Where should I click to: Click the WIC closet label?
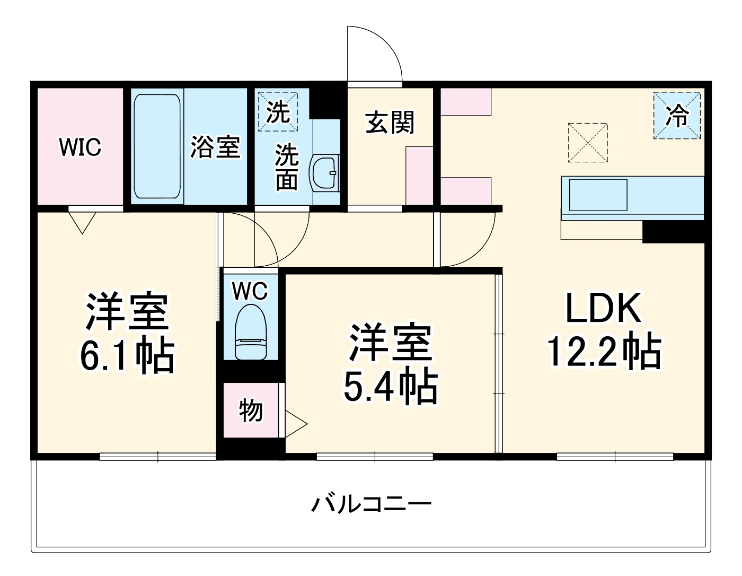pos(80,147)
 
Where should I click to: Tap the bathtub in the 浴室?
pos(157,146)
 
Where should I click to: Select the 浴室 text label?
pos(215,147)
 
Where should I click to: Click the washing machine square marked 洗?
pos(278,111)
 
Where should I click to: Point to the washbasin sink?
pos(324,172)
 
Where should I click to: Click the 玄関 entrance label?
pos(390,123)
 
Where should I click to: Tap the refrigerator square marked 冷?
pos(677,116)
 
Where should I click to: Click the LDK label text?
pos(604,308)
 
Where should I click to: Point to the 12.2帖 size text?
pos(604,351)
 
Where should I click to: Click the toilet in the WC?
pos(250,333)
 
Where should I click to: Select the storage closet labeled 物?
pos(250,410)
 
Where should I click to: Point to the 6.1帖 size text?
pos(127,355)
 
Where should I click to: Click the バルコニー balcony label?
pos(371,503)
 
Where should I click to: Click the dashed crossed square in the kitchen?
pos(587,142)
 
